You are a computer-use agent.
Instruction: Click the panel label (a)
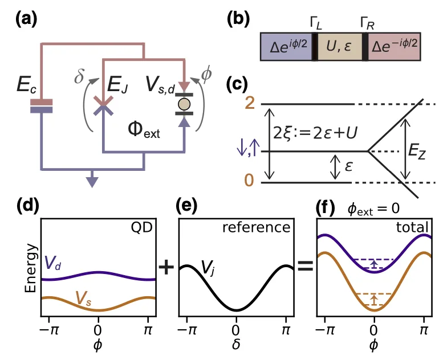[x=26, y=20]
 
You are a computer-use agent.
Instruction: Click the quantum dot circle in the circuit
[x=184, y=104]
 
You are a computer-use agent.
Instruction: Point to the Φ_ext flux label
[x=144, y=130]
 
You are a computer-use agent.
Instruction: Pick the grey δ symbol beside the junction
[x=79, y=76]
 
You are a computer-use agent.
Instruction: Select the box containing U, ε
[x=340, y=47]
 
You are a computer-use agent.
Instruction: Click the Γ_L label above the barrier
[x=316, y=23]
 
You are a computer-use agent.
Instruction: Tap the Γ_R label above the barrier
[x=367, y=23]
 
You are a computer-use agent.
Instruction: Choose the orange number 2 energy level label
[x=250, y=104]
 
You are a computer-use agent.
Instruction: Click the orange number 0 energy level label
[x=249, y=180]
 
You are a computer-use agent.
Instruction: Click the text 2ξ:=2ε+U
[x=315, y=132]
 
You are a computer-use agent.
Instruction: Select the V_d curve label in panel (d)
[x=52, y=263]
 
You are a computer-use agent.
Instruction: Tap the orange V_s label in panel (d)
[x=83, y=299]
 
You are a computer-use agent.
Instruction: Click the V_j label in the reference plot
[x=208, y=268]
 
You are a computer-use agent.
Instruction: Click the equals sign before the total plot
[x=305, y=266]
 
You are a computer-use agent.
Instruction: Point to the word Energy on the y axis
[x=31, y=268]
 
